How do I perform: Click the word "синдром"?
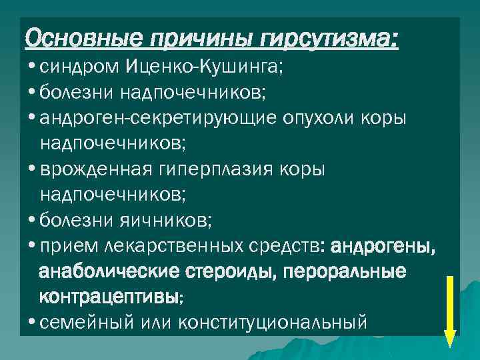pyautogui.click(x=77, y=67)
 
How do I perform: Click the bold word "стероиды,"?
pyautogui.click(x=224, y=272)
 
